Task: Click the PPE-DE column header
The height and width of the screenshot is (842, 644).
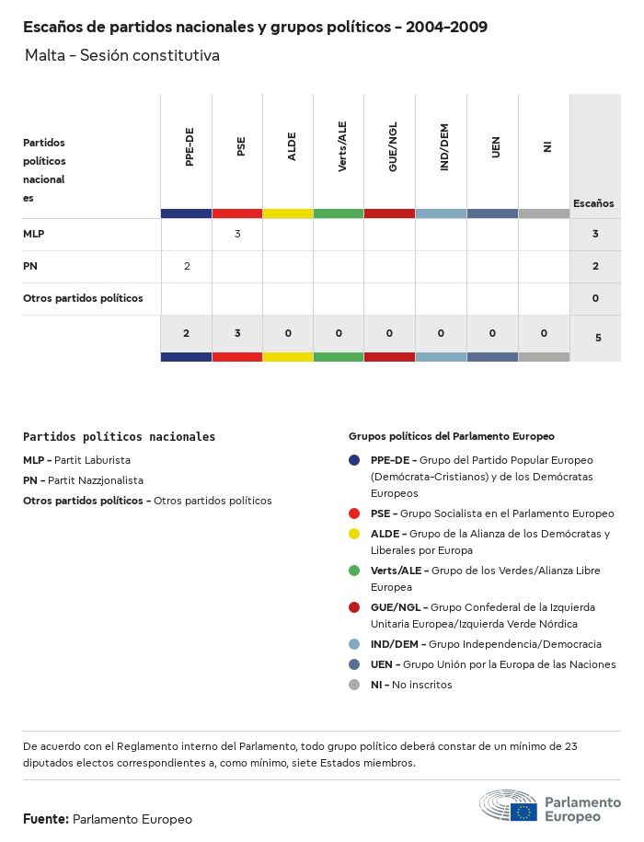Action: (190, 148)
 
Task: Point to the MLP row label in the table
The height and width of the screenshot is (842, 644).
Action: (34, 234)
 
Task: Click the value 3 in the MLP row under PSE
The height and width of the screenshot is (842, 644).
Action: (237, 234)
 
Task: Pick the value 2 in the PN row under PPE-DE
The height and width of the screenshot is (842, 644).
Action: (187, 266)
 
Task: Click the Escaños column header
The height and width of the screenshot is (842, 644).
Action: (593, 203)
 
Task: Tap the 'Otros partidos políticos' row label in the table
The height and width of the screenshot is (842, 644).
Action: (83, 298)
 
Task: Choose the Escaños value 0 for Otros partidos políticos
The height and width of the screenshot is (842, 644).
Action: (596, 298)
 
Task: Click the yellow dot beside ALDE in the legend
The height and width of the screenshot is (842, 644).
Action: (354, 534)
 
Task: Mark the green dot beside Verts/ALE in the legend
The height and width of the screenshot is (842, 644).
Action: (354, 571)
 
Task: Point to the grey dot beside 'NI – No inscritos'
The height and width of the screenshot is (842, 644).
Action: (354, 685)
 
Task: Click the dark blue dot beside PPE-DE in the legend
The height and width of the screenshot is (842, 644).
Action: (354, 460)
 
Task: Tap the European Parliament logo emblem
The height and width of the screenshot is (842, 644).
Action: (508, 806)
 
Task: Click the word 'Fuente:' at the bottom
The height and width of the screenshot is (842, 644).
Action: (46, 819)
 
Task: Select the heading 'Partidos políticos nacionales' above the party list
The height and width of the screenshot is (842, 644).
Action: (119, 437)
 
